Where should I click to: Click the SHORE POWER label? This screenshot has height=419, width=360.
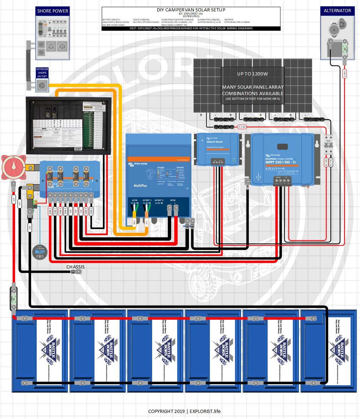click(53, 11)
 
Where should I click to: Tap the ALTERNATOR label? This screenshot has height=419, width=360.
click(337, 11)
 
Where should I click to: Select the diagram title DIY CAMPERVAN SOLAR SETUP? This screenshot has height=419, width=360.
click(191, 10)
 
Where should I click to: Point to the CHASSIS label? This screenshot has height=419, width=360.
click(75, 267)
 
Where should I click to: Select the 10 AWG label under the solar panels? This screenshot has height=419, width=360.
click(242, 127)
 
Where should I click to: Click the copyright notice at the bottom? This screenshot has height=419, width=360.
click(184, 411)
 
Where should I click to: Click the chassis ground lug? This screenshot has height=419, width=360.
click(76, 272)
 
